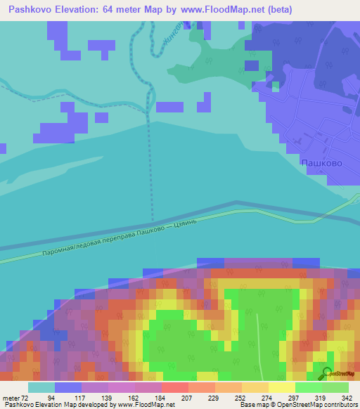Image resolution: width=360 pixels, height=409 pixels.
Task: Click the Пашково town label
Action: (321, 163)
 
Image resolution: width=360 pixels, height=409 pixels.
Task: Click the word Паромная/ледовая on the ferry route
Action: (75, 247)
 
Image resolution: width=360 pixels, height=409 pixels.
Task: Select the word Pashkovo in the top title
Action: (32, 10)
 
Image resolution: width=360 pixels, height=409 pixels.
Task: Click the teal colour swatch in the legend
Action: (41, 387)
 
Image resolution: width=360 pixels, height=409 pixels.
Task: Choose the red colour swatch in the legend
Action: (175, 387)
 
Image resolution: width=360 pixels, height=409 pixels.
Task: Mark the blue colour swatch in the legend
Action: (68, 387)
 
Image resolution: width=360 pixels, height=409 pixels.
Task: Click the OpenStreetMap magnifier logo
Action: (327, 373)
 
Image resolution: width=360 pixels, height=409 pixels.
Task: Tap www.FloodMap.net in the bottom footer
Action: (147, 405)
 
